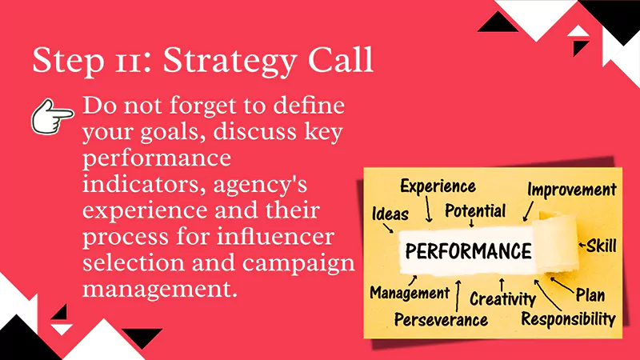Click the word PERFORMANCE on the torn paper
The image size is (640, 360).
tap(468, 251)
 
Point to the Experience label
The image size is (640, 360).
tap(438, 187)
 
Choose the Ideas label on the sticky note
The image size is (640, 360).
tap(390, 214)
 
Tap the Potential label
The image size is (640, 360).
tap(475, 211)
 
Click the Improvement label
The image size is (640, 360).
tap(571, 190)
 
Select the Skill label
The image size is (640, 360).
tap(601, 246)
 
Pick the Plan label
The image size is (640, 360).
tap(590, 295)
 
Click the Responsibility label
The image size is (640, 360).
tap(568, 318)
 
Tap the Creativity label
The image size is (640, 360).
tap(502, 299)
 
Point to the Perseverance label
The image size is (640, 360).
tap(441, 319)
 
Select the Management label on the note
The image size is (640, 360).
tap(410, 293)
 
